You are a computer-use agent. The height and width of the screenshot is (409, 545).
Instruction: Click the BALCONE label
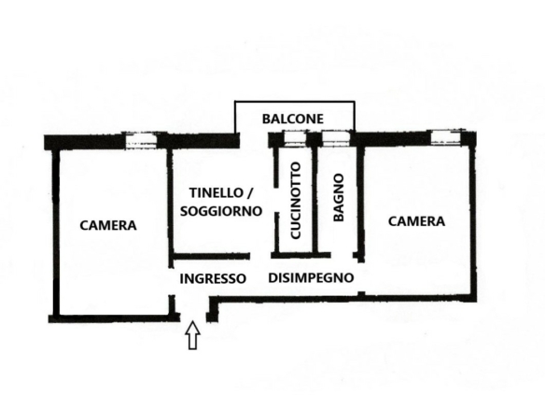click(x=293, y=119)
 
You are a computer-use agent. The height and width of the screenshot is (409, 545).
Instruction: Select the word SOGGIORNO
click(x=221, y=211)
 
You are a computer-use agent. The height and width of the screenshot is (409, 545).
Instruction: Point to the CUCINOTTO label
click(x=296, y=201)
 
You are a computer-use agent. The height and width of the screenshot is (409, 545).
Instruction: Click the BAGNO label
click(x=338, y=198)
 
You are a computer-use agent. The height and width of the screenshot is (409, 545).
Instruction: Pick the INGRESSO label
click(x=213, y=278)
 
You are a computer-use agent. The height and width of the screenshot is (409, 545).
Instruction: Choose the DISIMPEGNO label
click(x=311, y=278)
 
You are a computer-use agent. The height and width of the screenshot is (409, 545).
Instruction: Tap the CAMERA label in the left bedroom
click(x=108, y=225)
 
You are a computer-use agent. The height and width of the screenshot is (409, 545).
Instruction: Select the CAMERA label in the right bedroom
click(x=416, y=221)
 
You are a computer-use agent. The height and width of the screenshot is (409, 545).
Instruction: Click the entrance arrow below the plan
click(x=192, y=335)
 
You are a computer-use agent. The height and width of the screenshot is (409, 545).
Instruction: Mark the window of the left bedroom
click(x=141, y=140)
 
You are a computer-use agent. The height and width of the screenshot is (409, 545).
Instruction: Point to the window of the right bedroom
click(x=446, y=137)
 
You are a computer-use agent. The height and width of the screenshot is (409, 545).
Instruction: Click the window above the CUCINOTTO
click(x=295, y=139)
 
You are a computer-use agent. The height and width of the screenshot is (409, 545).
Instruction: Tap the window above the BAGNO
click(x=336, y=138)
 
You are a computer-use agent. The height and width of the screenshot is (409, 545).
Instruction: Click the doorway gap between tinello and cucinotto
click(x=276, y=201)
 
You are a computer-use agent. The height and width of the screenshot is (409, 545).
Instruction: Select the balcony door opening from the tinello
click(x=254, y=140)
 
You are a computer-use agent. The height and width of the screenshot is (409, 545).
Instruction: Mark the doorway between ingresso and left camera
click(x=171, y=281)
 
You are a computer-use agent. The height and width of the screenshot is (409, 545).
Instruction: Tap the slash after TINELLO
click(x=249, y=193)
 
